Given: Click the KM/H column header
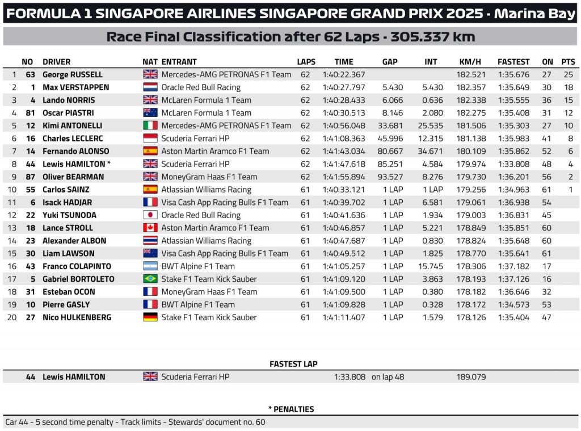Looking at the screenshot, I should click(470, 62).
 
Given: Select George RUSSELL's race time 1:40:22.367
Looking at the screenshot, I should click(343, 74).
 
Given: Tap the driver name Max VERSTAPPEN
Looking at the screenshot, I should click(75, 87).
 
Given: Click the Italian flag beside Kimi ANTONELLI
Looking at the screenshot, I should click(150, 125).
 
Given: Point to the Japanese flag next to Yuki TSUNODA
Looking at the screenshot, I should click(150, 215).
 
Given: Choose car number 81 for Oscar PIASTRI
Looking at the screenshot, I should click(31, 113).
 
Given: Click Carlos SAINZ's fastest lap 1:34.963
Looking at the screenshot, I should click(513, 190).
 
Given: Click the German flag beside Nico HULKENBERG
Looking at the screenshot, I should click(150, 317).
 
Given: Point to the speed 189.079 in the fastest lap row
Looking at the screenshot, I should click(470, 376).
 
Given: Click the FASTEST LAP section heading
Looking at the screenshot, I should click(293, 363).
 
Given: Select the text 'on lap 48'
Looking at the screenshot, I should click(388, 376).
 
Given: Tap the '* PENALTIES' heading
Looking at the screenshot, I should click(290, 409).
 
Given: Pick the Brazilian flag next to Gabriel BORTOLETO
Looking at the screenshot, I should click(150, 279).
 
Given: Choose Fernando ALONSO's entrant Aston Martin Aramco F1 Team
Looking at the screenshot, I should click(215, 151).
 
